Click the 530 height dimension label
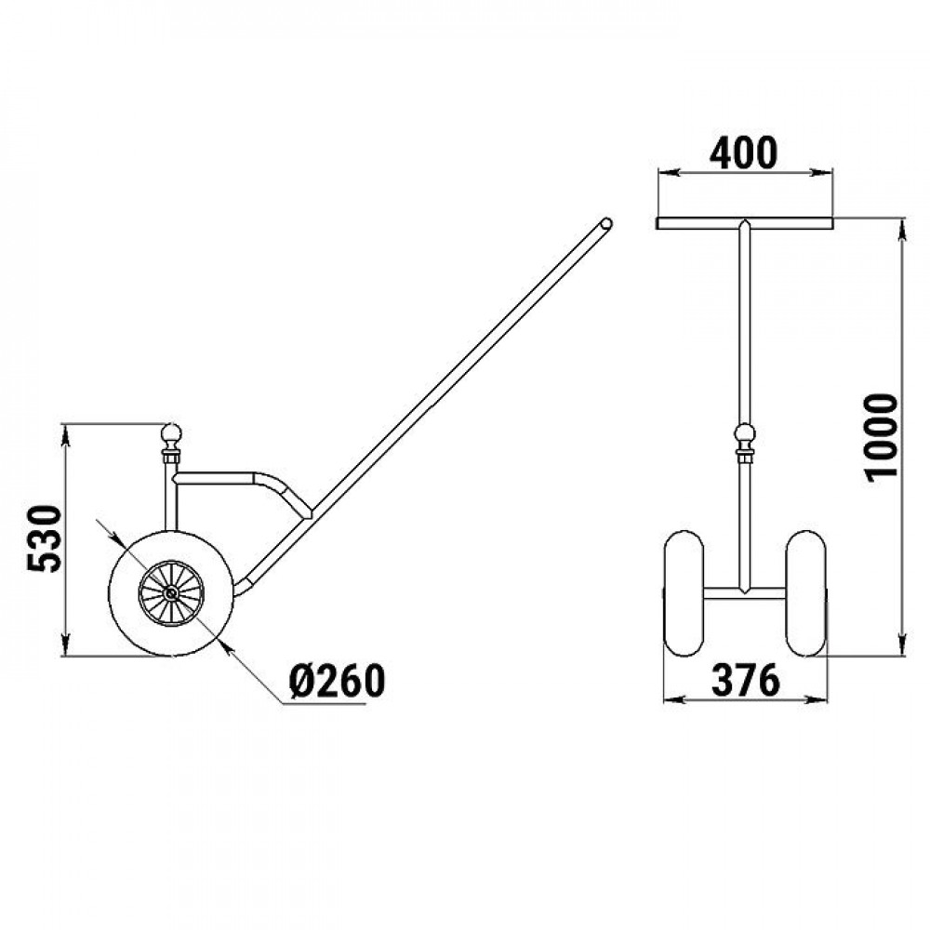click(45, 538)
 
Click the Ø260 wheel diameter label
click(337, 681)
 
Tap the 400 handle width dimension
click(743, 153)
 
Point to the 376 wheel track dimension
click(746, 680)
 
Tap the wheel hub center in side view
click(171, 593)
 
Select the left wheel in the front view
click(684, 593)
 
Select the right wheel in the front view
click(805, 593)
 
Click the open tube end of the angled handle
click(605, 224)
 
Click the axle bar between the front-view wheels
click(744, 593)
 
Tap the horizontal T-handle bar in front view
click(744, 223)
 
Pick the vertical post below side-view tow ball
click(171, 497)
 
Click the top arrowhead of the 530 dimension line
click(66, 434)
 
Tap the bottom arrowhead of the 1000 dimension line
click(903, 644)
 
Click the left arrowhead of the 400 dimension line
click(668, 173)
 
